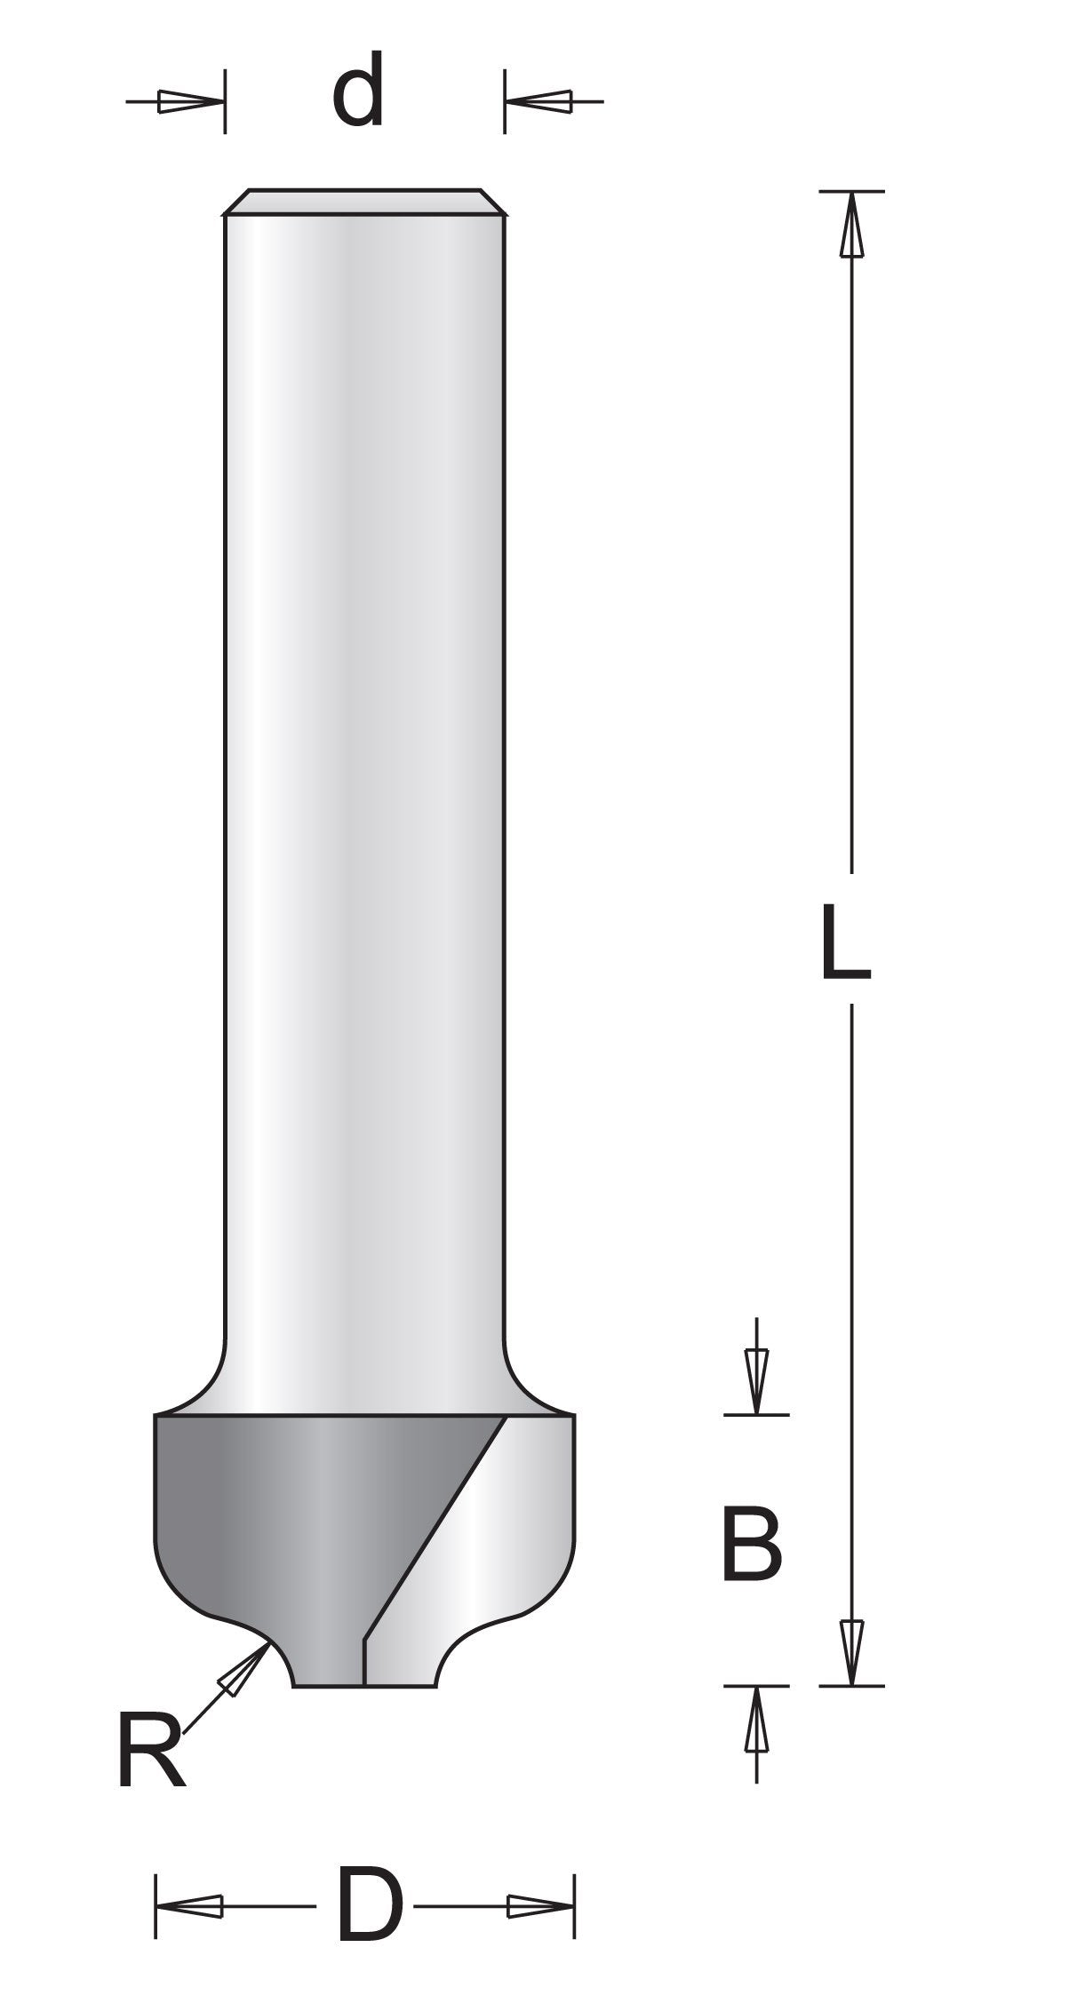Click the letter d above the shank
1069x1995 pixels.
(358, 91)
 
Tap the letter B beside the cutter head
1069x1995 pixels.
(752, 1544)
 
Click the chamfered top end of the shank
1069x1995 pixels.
(364, 203)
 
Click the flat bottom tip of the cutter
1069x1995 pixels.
(364, 1684)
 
